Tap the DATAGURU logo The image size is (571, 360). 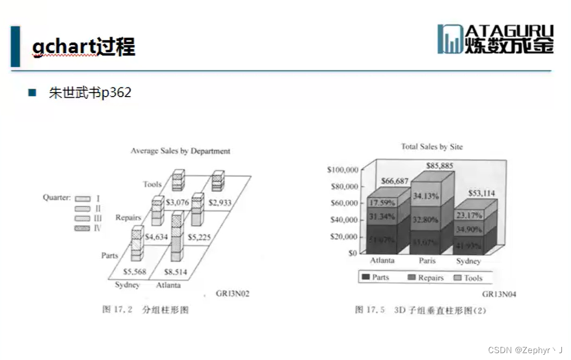[x=495, y=39]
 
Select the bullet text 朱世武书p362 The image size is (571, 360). [x=90, y=93]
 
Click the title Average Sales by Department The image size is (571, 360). [x=180, y=151]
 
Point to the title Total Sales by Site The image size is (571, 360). [x=432, y=147]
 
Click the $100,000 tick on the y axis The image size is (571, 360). [x=342, y=170]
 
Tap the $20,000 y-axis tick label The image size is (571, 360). [x=344, y=237]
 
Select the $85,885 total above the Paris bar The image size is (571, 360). [x=439, y=166]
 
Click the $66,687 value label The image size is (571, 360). [x=395, y=181]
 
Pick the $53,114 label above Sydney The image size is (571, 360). [x=481, y=193]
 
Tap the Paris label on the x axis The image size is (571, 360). [x=426, y=261]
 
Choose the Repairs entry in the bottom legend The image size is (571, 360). [x=426, y=278]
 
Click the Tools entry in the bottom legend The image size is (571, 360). [x=468, y=278]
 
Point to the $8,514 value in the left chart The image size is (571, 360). [x=175, y=272]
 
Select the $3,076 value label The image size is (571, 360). [x=177, y=202]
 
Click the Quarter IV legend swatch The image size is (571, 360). [x=83, y=228]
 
